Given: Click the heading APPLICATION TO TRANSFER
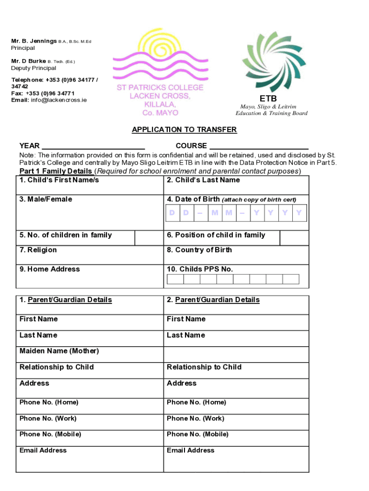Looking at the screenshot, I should click(x=184, y=130).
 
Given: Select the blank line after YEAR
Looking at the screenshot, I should click(x=93, y=146).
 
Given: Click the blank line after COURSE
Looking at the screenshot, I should click(x=259, y=146).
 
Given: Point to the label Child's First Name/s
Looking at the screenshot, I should click(x=59, y=180).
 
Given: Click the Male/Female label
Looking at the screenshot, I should click(x=46, y=199).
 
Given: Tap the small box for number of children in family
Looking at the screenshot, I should click(x=149, y=238).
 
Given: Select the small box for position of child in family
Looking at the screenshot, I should click(x=294, y=238).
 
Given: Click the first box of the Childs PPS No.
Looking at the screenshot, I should click(x=175, y=279).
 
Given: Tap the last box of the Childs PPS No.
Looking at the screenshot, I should click(x=291, y=279).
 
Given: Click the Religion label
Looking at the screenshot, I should click(x=38, y=250).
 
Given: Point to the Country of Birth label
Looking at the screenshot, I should click(x=199, y=250).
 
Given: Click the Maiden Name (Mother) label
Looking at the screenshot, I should click(x=59, y=351).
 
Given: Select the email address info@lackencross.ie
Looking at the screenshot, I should click(x=57, y=100).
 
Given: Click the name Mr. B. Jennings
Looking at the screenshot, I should click(x=34, y=41).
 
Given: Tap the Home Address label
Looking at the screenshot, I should click(x=50, y=269).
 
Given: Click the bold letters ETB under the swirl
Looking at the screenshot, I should click(x=272, y=99).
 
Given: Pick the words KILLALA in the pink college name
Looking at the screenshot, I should click(x=160, y=104).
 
